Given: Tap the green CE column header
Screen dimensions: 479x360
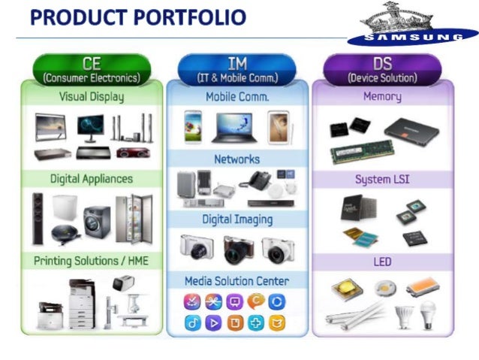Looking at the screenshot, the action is [92, 69].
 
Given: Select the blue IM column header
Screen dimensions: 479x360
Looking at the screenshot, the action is [237, 69].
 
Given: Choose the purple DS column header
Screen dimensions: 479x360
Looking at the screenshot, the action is [382, 69].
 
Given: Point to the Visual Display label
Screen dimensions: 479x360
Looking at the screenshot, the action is [92, 97].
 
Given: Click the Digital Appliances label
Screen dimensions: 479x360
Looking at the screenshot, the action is [92, 179].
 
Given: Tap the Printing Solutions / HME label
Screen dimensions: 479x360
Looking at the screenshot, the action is [92, 261].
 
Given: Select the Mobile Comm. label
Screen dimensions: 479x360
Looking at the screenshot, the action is [237, 97].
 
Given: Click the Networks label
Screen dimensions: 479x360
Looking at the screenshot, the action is [237, 159].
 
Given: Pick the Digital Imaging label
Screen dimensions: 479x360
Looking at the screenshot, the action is [237, 219].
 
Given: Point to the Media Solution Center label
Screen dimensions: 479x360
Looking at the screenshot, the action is [237, 280].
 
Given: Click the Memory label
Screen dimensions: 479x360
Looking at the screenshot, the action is [382, 97].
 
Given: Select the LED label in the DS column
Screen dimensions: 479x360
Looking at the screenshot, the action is [382, 262].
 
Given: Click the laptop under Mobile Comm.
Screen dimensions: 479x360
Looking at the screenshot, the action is [234, 127].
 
